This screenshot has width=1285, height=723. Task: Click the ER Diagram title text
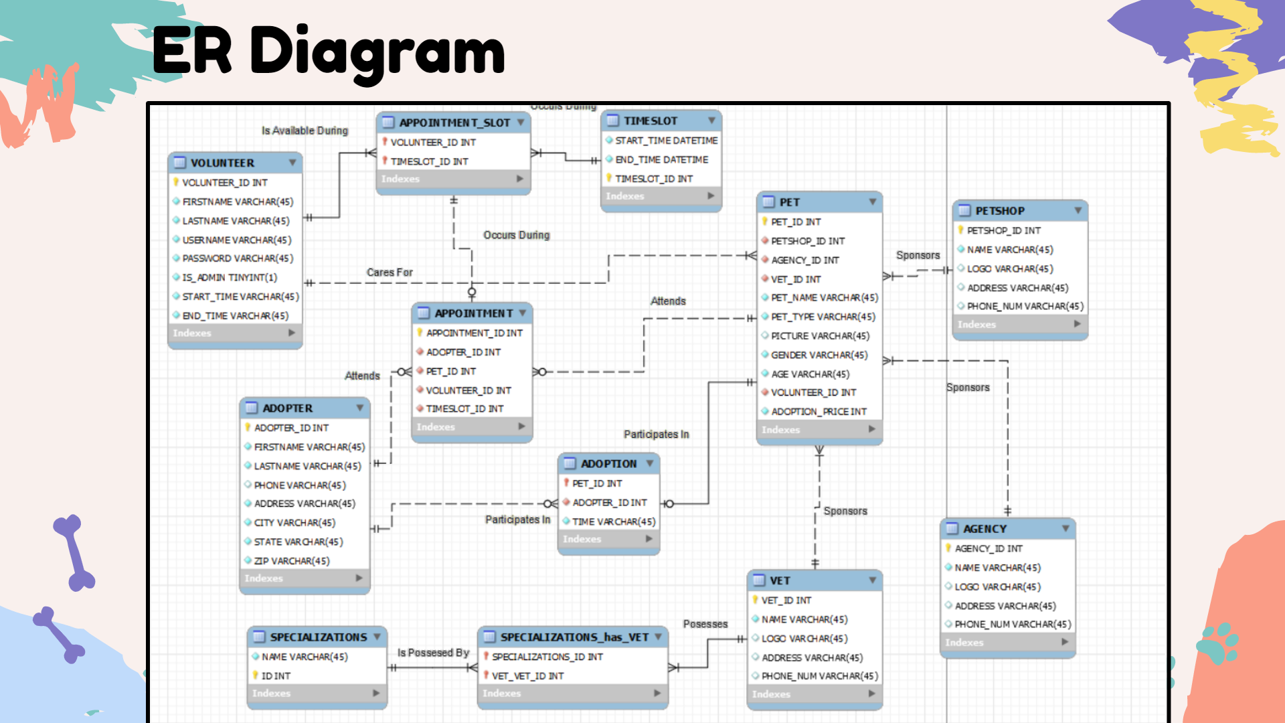(x=328, y=52)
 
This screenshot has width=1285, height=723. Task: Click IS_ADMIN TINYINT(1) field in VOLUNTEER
(x=229, y=277)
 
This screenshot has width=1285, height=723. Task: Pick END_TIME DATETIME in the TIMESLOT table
(x=661, y=159)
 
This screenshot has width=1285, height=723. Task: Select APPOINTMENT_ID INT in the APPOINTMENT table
(x=474, y=333)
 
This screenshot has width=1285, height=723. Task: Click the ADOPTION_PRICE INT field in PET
(x=819, y=412)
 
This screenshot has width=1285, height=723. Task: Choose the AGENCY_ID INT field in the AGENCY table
(x=989, y=548)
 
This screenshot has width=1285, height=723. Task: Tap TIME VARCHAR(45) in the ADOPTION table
(x=614, y=521)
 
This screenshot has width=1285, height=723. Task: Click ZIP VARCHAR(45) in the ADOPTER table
(x=292, y=561)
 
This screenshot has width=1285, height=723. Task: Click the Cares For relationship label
(x=390, y=272)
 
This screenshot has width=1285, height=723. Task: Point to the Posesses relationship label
(x=705, y=624)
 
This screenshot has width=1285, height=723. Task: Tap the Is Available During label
(x=305, y=131)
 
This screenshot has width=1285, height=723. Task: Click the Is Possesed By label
(x=433, y=653)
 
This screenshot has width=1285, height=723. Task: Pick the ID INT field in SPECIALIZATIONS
(x=276, y=676)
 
